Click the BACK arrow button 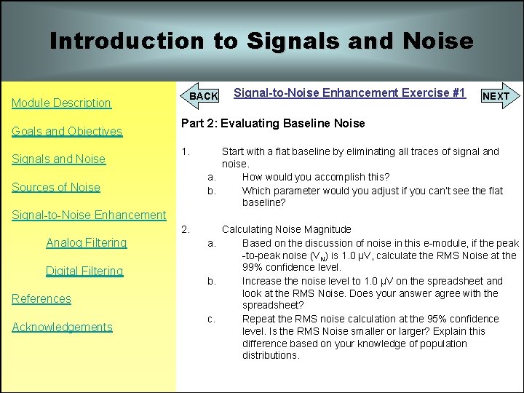(x=202, y=96)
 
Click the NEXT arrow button (x=497, y=96)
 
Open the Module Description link (x=61, y=103)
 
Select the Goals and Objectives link (x=66, y=131)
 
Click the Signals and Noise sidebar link (x=58, y=159)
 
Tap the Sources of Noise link (x=56, y=187)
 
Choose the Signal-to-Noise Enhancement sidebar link (x=89, y=215)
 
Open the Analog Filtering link (x=86, y=242)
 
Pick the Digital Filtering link (x=84, y=271)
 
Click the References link (x=41, y=298)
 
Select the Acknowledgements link (x=62, y=327)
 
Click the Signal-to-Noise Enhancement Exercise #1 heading (x=349, y=92)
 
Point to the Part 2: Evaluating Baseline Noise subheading (x=273, y=124)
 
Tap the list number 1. (x=186, y=151)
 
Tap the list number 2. (x=186, y=229)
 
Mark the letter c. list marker (x=211, y=319)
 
